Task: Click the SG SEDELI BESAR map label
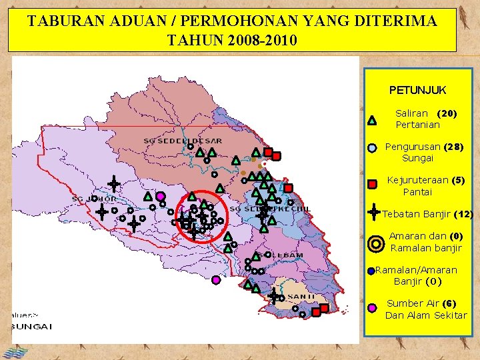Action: coord(183,141)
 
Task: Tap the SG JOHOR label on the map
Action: coord(94,199)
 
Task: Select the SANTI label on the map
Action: coord(302,297)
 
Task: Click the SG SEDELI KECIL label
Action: coord(270,209)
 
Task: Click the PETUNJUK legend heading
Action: coord(417,90)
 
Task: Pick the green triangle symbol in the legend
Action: coord(372,121)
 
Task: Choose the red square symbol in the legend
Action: coord(373,183)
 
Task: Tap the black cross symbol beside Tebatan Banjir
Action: coord(375,212)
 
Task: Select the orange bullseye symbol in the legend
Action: coord(376,244)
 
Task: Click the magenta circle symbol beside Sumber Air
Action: coord(372,307)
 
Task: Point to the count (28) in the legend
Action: coord(453,147)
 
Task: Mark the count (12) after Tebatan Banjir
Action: coord(463,215)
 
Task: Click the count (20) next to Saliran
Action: coord(447,114)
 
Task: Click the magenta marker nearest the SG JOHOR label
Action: coord(161,196)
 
